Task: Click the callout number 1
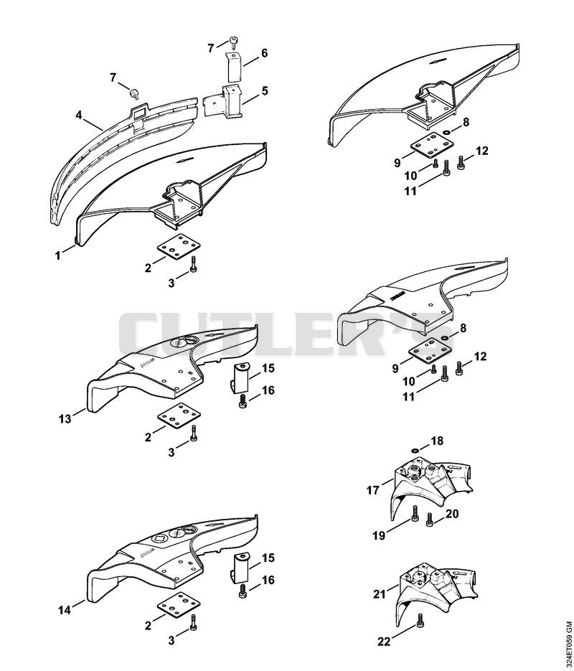[x=57, y=256]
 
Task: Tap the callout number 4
[x=79, y=115]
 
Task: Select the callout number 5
[x=265, y=90]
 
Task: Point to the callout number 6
[x=264, y=53]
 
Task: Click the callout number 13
[x=65, y=418]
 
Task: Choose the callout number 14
[x=65, y=610]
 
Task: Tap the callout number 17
[x=373, y=490]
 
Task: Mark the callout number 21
[x=380, y=594]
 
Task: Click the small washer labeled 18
[x=415, y=451]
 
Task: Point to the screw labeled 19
[x=414, y=514]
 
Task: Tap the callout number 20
[x=452, y=514]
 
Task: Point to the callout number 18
[x=437, y=441]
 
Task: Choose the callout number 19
[x=379, y=535]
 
